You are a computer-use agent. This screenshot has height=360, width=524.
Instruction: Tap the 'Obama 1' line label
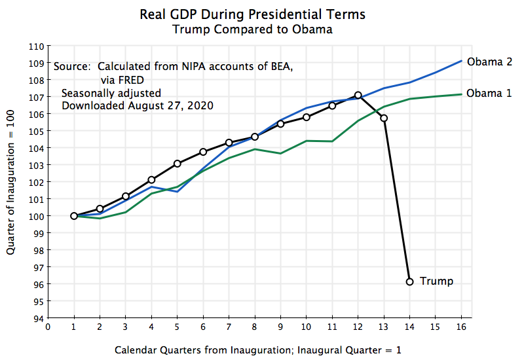[x=489, y=93]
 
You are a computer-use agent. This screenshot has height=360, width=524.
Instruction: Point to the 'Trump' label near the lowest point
[x=436, y=281]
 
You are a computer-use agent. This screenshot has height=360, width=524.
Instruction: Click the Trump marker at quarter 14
[x=410, y=281]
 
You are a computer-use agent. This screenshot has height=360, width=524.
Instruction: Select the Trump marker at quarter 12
[x=358, y=95]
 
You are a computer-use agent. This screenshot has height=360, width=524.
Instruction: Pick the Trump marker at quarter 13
[x=384, y=118]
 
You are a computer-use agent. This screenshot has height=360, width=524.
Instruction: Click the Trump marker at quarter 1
[x=74, y=216]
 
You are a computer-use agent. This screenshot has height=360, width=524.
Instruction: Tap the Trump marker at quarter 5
[x=178, y=164]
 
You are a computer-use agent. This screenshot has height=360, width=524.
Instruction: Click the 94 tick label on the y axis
[x=39, y=318]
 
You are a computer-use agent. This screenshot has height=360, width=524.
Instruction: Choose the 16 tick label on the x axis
[x=462, y=327]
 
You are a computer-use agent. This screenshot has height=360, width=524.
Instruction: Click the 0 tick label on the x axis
[x=48, y=327]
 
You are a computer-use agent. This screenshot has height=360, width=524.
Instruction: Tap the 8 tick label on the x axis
[x=255, y=327]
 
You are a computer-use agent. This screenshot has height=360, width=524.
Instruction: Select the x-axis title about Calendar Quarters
[x=257, y=350]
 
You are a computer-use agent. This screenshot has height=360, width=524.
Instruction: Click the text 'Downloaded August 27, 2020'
[x=138, y=105]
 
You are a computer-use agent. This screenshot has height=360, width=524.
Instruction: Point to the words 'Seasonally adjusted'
[x=111, y=92]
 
